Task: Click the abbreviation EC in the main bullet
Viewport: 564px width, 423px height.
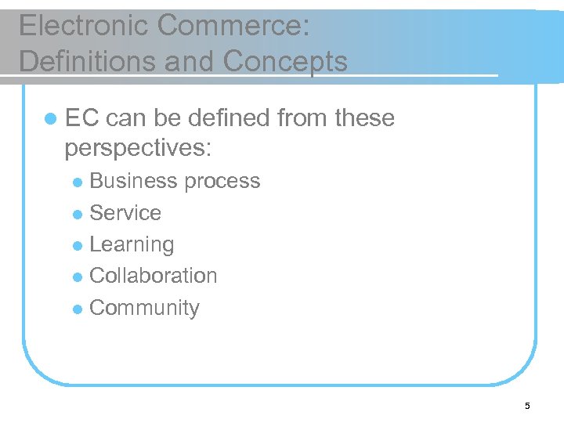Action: pyautogui.click(x=81, y=118)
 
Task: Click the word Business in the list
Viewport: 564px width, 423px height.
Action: pyautogui.click(x=134, y=181)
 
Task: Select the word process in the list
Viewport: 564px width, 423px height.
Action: pyautogui.click(x=222, y=181)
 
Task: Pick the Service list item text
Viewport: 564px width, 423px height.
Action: pyautogui.click(x=125, y=213)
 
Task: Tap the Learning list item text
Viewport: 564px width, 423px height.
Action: pyautogui.click(x=132, y=244)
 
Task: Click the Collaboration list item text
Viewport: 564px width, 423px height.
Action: pyautogui.click(x=154, y=276)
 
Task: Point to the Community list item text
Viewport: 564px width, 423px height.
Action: pyautogui.click(x=145, y=308)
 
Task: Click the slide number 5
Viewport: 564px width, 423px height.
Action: pyautogui.click(x=527, y=406)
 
